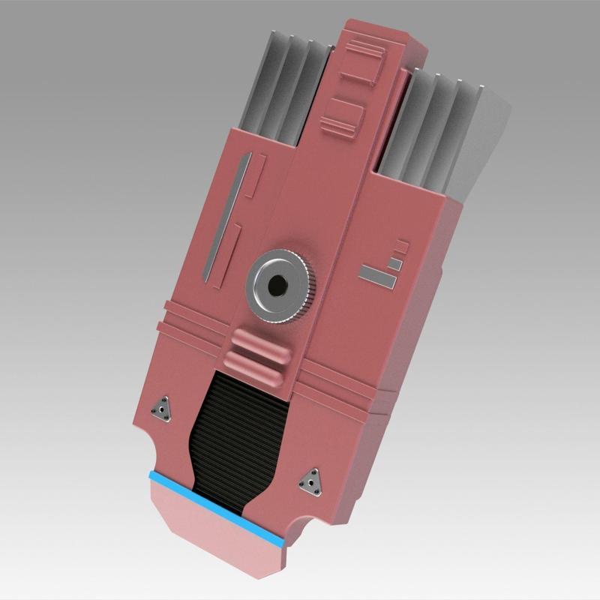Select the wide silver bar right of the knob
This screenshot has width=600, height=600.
(x=376, y=276)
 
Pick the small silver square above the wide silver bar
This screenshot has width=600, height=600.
(x=393, y=262)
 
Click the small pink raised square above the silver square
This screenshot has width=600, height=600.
(x=402, y=245)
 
